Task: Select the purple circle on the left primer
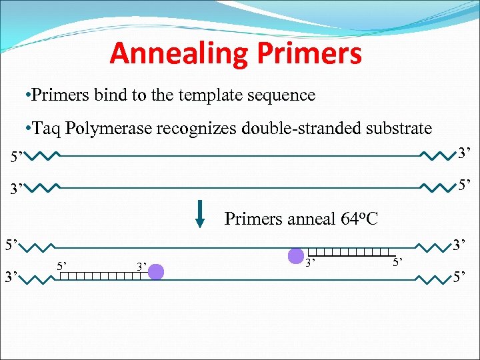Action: (156, 271)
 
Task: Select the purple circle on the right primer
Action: (295, 255)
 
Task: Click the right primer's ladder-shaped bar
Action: (348, 251)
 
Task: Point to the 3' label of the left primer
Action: (141, 267)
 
